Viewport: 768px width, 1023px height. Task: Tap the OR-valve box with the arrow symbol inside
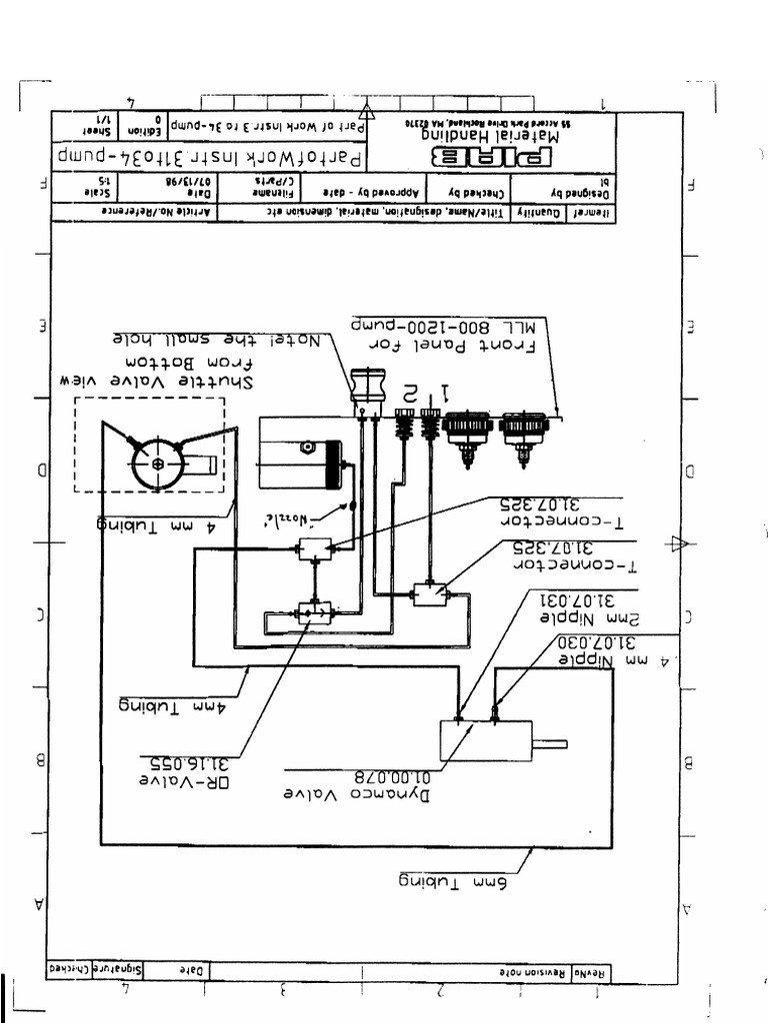click(314, 612)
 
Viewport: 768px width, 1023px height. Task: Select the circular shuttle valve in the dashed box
click(158, 461)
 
